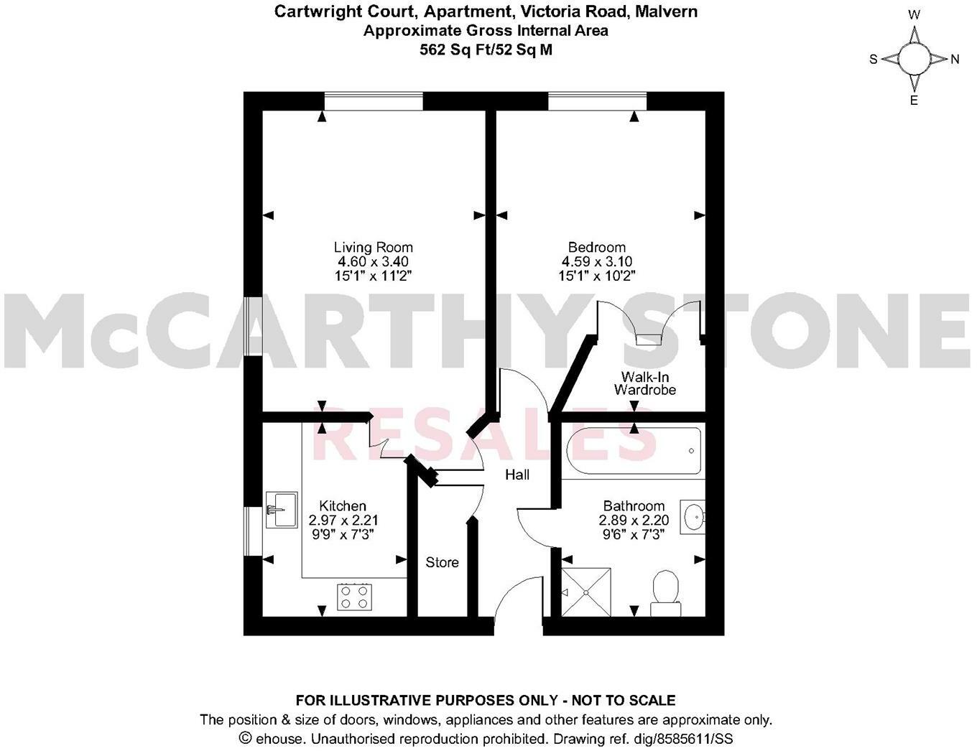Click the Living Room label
click(x=373, y=248)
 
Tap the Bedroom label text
click(x=596, y=248)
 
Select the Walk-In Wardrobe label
click(x=644, y=383)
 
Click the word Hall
click(x=517, y=475)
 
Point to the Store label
click(x=442, y=562)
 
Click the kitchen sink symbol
click(x=282, y=510)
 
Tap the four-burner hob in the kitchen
click(x=355, y=597)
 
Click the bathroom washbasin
click(x=693, y=517)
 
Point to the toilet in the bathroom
click(x=665, y=592)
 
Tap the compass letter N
click(x=955, y=60)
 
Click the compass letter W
click(x=915, y=14)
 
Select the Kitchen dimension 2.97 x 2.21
click(x=343, y=521)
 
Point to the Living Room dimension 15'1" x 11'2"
click(x=373, y=275)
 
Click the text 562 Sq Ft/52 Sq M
click(x=486, y=50)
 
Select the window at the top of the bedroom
click(x=597, y=101)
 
